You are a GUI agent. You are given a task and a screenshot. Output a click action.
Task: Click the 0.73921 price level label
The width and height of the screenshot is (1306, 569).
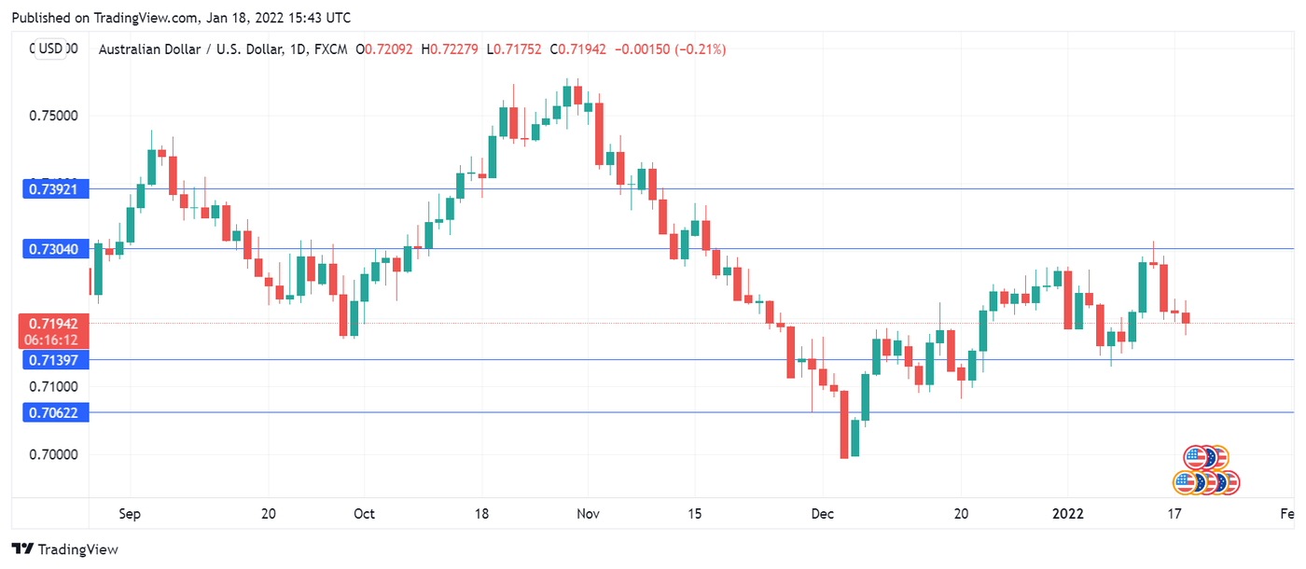[55, 189]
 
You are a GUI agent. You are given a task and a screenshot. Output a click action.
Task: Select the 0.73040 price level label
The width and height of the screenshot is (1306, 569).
[55, 249]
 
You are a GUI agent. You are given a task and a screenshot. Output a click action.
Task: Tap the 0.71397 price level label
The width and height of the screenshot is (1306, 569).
[55, 360]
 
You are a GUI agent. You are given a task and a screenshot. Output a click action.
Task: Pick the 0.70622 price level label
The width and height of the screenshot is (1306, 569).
[55, 412]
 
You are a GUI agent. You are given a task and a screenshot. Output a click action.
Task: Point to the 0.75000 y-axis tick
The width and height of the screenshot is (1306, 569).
[53, 117]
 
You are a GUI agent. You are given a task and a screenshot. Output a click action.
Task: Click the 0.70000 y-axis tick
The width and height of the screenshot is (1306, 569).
[53, 455]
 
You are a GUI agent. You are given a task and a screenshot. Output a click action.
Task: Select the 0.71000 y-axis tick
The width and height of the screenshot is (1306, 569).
[53, 386]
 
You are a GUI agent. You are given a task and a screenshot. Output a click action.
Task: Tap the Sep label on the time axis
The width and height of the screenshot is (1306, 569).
[130, 514]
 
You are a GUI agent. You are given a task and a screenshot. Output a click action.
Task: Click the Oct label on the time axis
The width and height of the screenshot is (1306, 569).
[364, 514]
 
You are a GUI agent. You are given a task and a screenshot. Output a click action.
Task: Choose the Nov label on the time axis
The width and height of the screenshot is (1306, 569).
[588, 514]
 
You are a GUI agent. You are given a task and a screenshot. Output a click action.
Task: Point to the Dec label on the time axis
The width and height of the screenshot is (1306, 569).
[822, 514]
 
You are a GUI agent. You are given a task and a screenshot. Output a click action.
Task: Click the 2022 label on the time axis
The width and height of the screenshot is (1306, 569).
[1067, 514]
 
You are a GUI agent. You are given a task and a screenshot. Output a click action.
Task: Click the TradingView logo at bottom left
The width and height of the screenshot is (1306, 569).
[64, 549]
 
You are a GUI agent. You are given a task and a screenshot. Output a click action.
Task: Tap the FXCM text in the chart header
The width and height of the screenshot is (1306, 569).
[331, 49]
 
